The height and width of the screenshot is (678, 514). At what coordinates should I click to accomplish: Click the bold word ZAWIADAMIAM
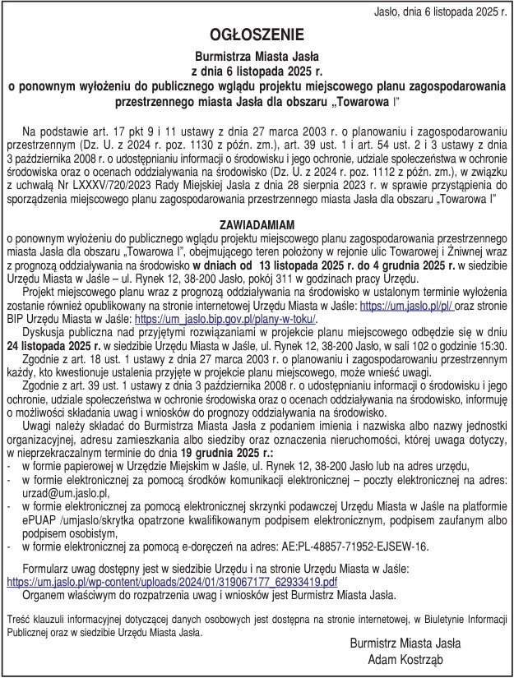coord(257,224)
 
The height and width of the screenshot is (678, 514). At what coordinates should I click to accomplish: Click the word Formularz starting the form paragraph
coord(52,569)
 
